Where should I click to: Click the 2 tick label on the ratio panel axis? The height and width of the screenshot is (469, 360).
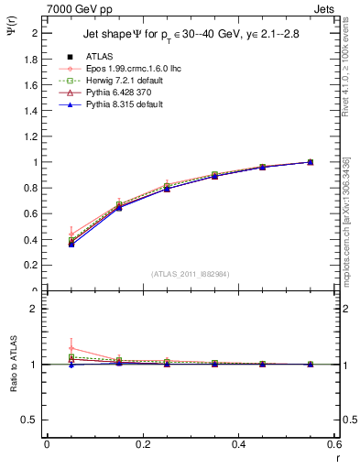pyautogui.click(x=36, y=309)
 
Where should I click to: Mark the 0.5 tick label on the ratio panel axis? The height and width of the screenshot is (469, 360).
pyautogui.click(x=33, y=420)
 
